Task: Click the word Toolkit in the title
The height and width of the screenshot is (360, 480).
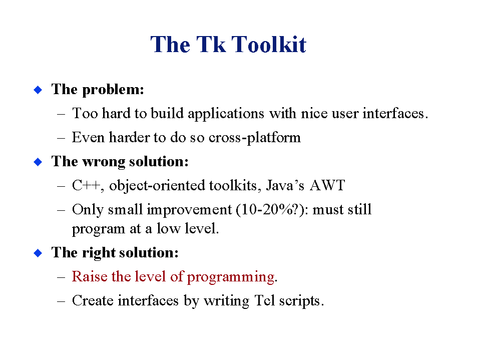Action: coord(269,45)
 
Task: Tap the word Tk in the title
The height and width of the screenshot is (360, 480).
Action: coord(211,45)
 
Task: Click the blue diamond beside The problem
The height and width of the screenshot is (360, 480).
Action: coord(38,90)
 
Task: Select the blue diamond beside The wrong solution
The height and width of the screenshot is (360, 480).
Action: coord(38,162)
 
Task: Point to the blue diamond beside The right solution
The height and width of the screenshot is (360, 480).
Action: coord(38,253)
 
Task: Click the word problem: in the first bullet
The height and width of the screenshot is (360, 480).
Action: coord(113,90)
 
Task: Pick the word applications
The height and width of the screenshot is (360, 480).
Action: coord(226,114)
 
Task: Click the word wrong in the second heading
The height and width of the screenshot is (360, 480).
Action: coord(104,162)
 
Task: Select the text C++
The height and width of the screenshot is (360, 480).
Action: coord(86,186)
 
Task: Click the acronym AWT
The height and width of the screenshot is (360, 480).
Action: coord(327,186)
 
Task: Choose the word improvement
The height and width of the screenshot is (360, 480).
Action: coord(189,210)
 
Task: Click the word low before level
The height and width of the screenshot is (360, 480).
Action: coord(168,229)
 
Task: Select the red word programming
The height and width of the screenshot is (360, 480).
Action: coord(231,277)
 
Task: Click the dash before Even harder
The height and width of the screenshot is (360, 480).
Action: coord(61,138)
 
